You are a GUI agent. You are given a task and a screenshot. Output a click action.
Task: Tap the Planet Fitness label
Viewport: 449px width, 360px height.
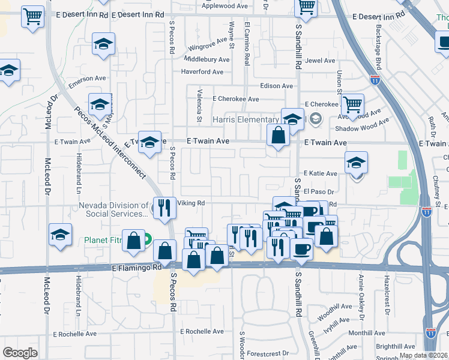(103, 241)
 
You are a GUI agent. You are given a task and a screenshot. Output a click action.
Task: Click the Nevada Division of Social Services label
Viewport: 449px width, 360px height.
(113, 209)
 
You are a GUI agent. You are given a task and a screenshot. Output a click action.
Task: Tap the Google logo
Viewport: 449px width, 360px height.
(20, 353)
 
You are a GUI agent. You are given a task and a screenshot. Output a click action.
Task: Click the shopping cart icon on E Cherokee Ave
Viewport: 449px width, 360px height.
(352, 106)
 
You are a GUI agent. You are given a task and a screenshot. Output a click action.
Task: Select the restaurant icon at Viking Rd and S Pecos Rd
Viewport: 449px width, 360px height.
(163, 208)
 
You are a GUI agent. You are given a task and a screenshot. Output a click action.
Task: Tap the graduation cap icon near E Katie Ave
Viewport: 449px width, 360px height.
(356, 162)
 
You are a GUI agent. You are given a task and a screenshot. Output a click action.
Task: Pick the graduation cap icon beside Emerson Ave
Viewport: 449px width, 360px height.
(103, 44)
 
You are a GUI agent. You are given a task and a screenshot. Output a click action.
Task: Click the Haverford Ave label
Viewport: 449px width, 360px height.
(203, 72)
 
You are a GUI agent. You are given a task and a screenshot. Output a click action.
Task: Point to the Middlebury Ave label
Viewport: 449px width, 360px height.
(206, 60)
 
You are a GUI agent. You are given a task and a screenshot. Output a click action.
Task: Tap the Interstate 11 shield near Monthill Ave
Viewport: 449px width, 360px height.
(430, 332)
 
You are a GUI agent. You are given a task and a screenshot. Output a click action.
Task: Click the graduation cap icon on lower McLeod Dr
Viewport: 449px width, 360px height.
(60, 236)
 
